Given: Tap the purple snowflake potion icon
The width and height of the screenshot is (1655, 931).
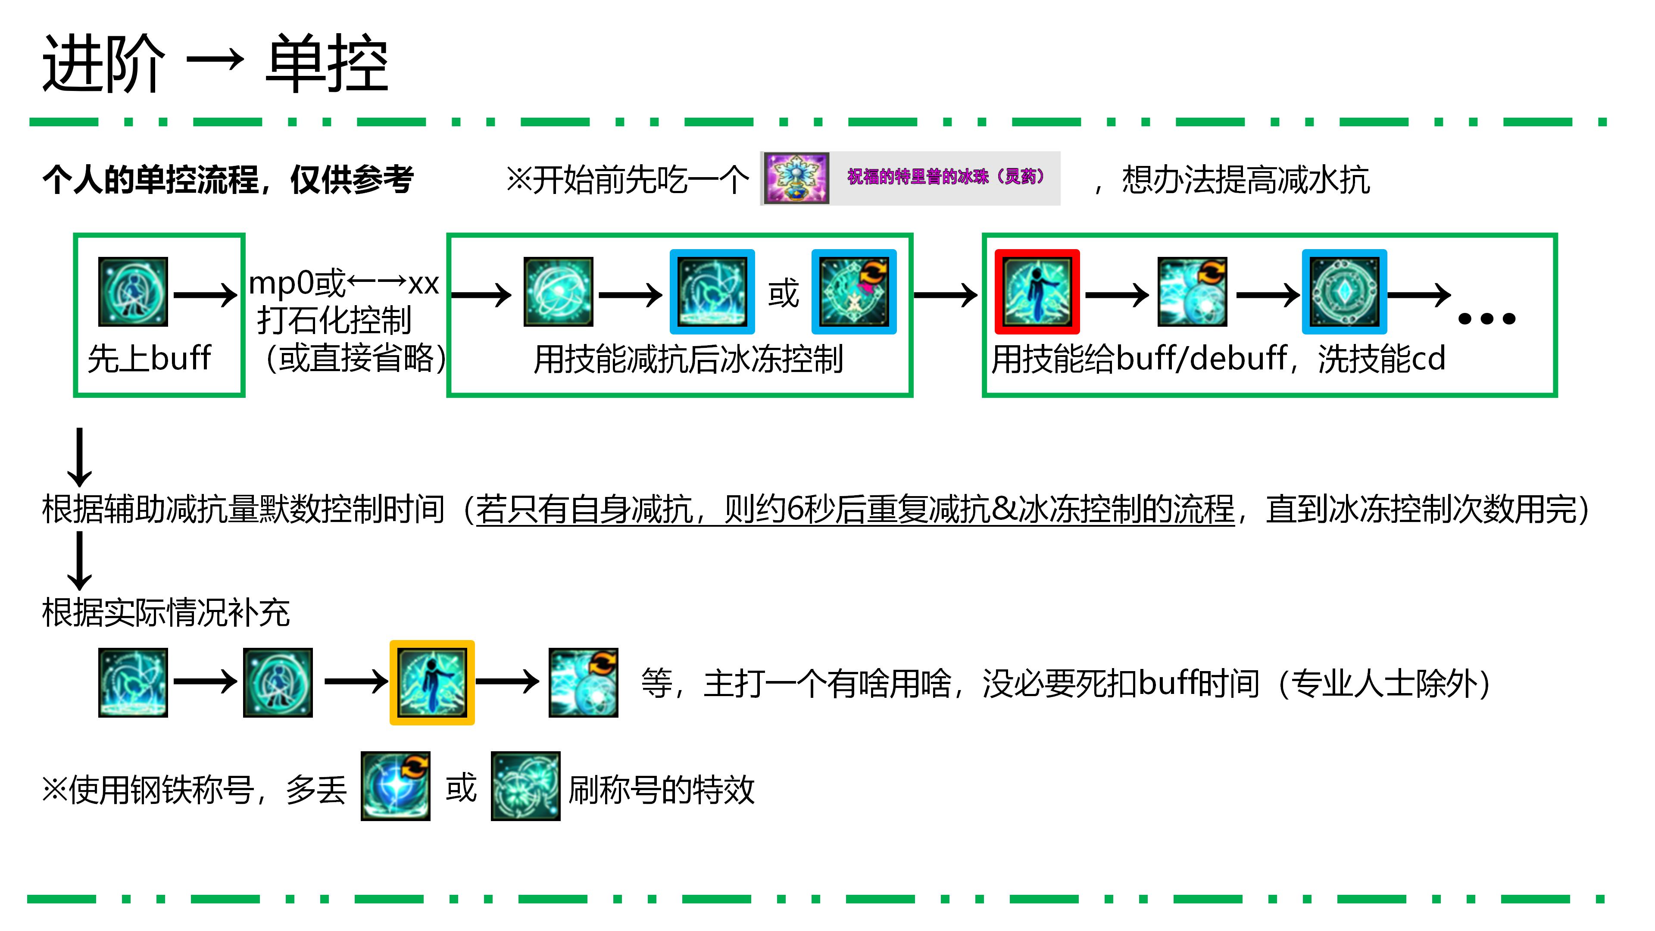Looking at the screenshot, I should click(795, 178).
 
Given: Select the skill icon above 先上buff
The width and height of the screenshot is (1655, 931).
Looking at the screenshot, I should click(133, 292).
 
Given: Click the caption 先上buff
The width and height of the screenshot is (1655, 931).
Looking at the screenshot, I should click(149, 359).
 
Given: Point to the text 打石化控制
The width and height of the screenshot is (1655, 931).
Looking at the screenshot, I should click(334, 320).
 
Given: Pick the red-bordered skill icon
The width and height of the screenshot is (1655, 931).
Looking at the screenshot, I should click(1037, 292).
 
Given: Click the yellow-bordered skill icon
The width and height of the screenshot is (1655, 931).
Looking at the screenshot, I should click(432, 682).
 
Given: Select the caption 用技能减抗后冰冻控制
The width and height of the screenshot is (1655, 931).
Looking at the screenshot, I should click(688, 359).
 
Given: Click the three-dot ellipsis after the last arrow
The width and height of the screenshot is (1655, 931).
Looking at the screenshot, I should click(1486, 319).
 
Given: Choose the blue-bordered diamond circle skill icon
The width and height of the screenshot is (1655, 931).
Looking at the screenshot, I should click(1344, 292).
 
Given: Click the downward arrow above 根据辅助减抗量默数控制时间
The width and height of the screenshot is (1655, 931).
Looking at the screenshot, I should click(80, 457).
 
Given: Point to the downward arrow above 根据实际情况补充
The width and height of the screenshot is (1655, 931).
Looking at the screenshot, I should click(80, 561).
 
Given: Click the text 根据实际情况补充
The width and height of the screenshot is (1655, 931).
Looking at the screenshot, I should click(166, 612).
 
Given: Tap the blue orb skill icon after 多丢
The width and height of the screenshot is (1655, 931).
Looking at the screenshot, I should click(395, 786).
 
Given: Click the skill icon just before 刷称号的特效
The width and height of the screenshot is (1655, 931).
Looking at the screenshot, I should click(525, 786).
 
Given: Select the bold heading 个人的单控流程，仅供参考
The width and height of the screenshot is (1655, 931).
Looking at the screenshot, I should click(228, 179).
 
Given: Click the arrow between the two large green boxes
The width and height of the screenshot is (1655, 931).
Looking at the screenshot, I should click(946, 296).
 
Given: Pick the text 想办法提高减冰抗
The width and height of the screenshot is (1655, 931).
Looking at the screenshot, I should click(1246, 179).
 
